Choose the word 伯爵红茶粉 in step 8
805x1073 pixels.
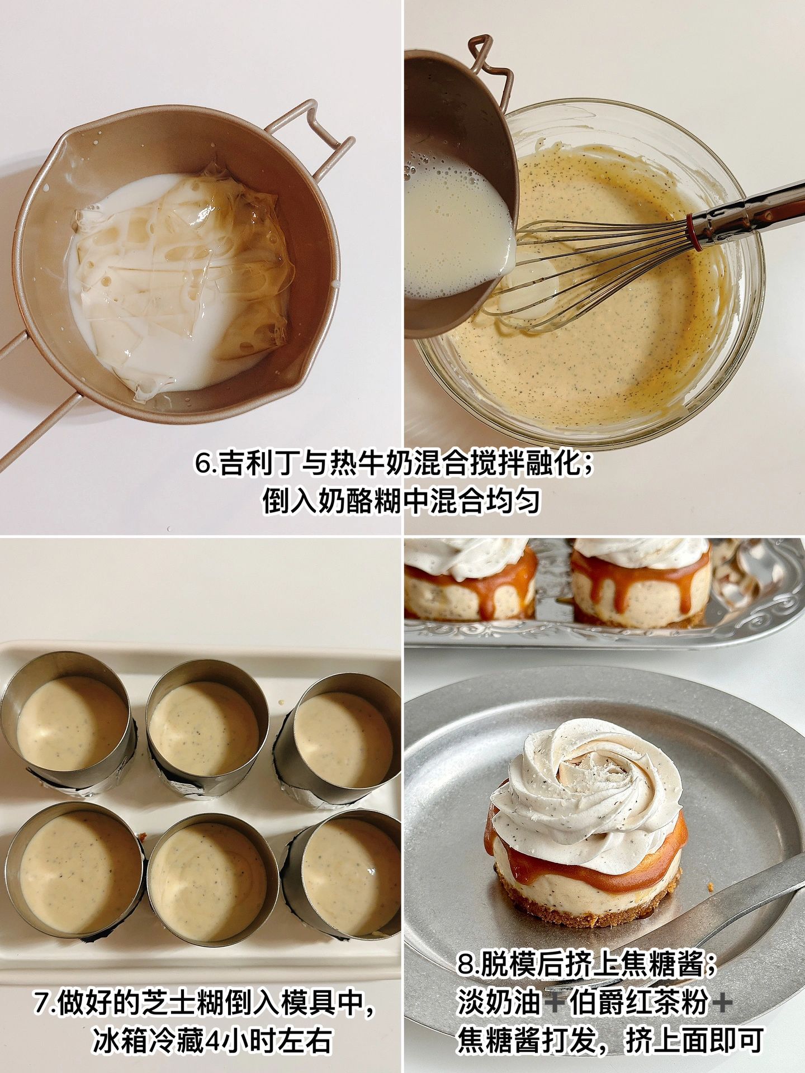click(x=637, y=1004)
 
